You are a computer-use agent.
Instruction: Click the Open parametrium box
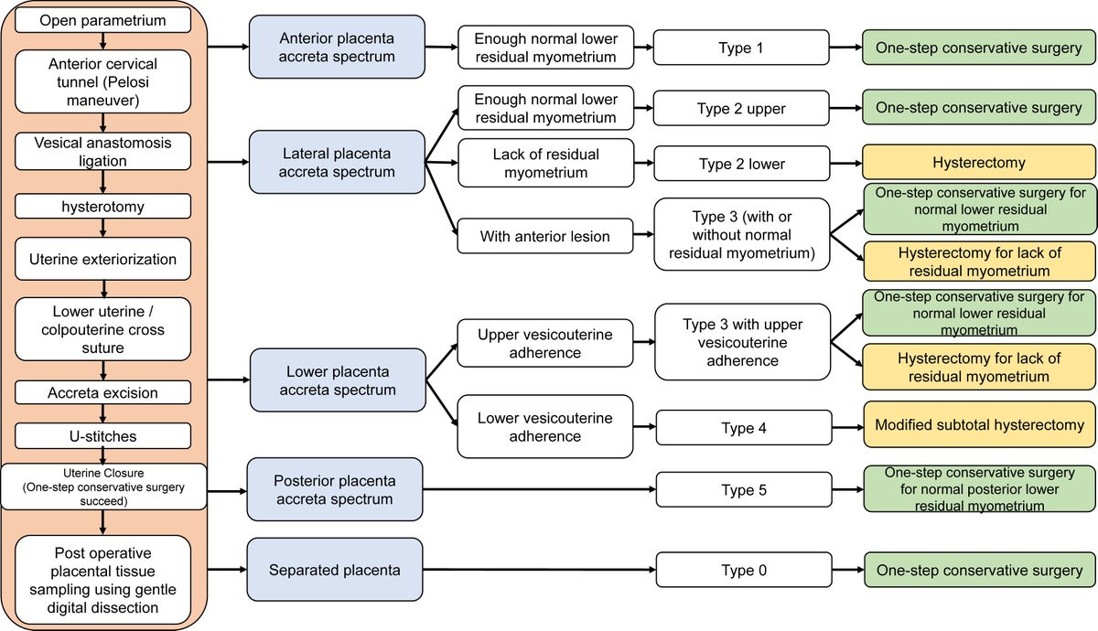[102, 20]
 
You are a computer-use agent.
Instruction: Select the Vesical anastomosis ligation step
[102, 152]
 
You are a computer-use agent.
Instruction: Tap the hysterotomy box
[102, 207]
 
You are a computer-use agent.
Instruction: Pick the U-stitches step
[102, 436]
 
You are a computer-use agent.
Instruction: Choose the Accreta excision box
[102, 392]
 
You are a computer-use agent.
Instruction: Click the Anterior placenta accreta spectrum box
[337, 47]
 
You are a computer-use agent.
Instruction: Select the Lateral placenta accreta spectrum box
[337, 162]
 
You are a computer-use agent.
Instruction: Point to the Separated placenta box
[335, 570]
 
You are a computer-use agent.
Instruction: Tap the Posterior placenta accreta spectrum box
[335, 489]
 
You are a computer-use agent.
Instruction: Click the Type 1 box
[741, 48]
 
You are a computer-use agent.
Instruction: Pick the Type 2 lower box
[742, 164]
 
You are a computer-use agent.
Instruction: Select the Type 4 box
[744, 428]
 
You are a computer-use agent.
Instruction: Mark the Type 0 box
[744, 570]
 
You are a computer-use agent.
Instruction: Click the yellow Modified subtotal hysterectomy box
[979, 424]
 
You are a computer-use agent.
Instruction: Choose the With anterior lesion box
[545, 236]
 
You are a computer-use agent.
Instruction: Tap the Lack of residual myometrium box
[546, 163]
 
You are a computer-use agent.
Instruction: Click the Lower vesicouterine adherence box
[545, 427]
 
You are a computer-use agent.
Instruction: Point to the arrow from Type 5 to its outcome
[847, 489]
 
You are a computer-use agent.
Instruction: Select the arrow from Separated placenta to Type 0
[539, 570]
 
